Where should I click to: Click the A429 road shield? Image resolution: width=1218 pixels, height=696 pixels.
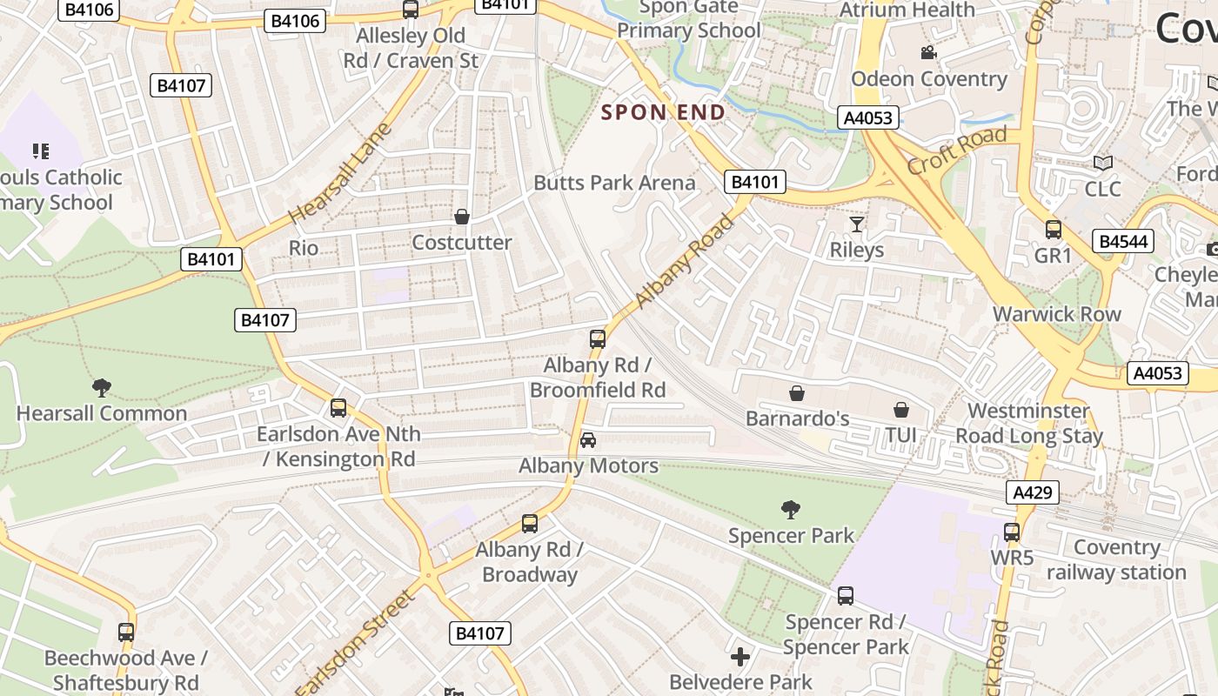[1033, 492]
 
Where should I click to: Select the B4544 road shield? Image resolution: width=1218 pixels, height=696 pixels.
[1122, 241]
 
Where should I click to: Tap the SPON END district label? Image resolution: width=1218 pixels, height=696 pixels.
[664, 112]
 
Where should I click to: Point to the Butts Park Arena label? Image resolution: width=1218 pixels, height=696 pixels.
[614, 183]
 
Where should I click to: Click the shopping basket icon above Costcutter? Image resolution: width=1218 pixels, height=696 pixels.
[462, 217]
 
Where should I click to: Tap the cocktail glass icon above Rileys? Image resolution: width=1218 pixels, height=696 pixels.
[857, 224]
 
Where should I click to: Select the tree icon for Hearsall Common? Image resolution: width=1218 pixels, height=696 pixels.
[102, 387]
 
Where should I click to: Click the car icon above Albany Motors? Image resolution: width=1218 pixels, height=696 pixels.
[588, 440]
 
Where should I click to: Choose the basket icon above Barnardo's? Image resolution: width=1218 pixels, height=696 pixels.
[797, 393]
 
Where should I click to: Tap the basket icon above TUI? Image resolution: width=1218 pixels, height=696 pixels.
[901, 409]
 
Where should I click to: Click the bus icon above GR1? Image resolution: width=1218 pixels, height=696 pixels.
[1053, 230]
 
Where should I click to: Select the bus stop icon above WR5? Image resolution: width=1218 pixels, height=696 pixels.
[1011, 532]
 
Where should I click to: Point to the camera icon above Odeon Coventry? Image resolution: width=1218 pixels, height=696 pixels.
[928, 53]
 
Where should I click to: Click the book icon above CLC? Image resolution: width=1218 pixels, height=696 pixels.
[1102, 163]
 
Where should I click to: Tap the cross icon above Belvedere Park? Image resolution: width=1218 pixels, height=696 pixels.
[740, 656]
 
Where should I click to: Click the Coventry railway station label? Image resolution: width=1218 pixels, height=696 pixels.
[1116, 559]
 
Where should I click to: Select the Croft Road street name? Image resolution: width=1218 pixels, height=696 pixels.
[957, 149]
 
